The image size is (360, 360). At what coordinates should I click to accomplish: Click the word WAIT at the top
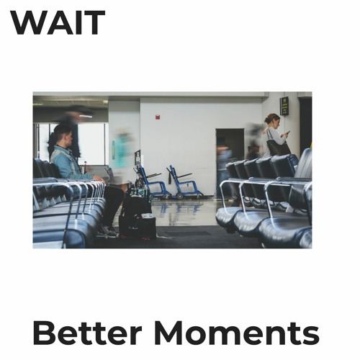pos(58,23)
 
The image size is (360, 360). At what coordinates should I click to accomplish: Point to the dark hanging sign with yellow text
pos(284,105)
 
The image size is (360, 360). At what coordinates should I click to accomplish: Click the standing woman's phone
pos(286,134)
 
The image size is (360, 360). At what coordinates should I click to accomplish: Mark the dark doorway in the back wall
pos(229,151)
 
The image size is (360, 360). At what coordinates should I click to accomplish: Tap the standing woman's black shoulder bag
pos(276,148)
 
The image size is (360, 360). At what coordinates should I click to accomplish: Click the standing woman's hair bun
pos(267,117)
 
